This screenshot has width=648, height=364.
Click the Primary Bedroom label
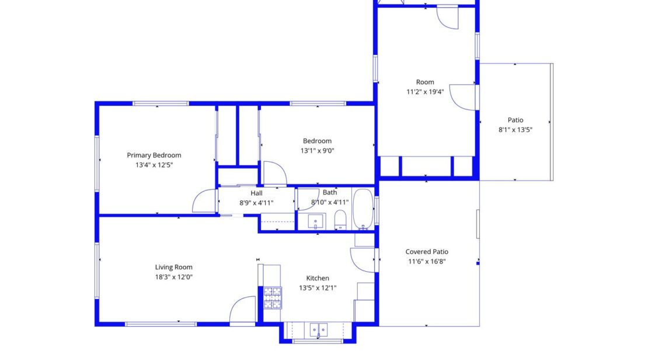pos(154,155)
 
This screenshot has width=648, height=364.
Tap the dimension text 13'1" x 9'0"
pos(317,151)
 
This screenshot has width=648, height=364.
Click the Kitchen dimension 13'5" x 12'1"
pos(318,288)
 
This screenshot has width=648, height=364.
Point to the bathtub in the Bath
pos(363,209)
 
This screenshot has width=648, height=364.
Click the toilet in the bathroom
pos(340,220)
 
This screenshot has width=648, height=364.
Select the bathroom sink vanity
pos(316,221)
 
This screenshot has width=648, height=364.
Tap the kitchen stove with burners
pos(272,297)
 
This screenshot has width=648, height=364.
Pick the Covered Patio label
pos(427,252)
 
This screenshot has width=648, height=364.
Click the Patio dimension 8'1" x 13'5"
pos(515,130)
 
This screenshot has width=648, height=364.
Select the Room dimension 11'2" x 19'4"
pos(425,92)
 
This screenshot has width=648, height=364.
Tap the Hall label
pos(256,193)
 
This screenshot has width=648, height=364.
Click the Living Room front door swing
pos(243,310)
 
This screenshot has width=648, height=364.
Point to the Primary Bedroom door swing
pos(205,201)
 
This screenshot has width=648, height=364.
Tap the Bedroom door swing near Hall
pos(274,174)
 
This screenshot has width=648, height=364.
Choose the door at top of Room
pos(448,18)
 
